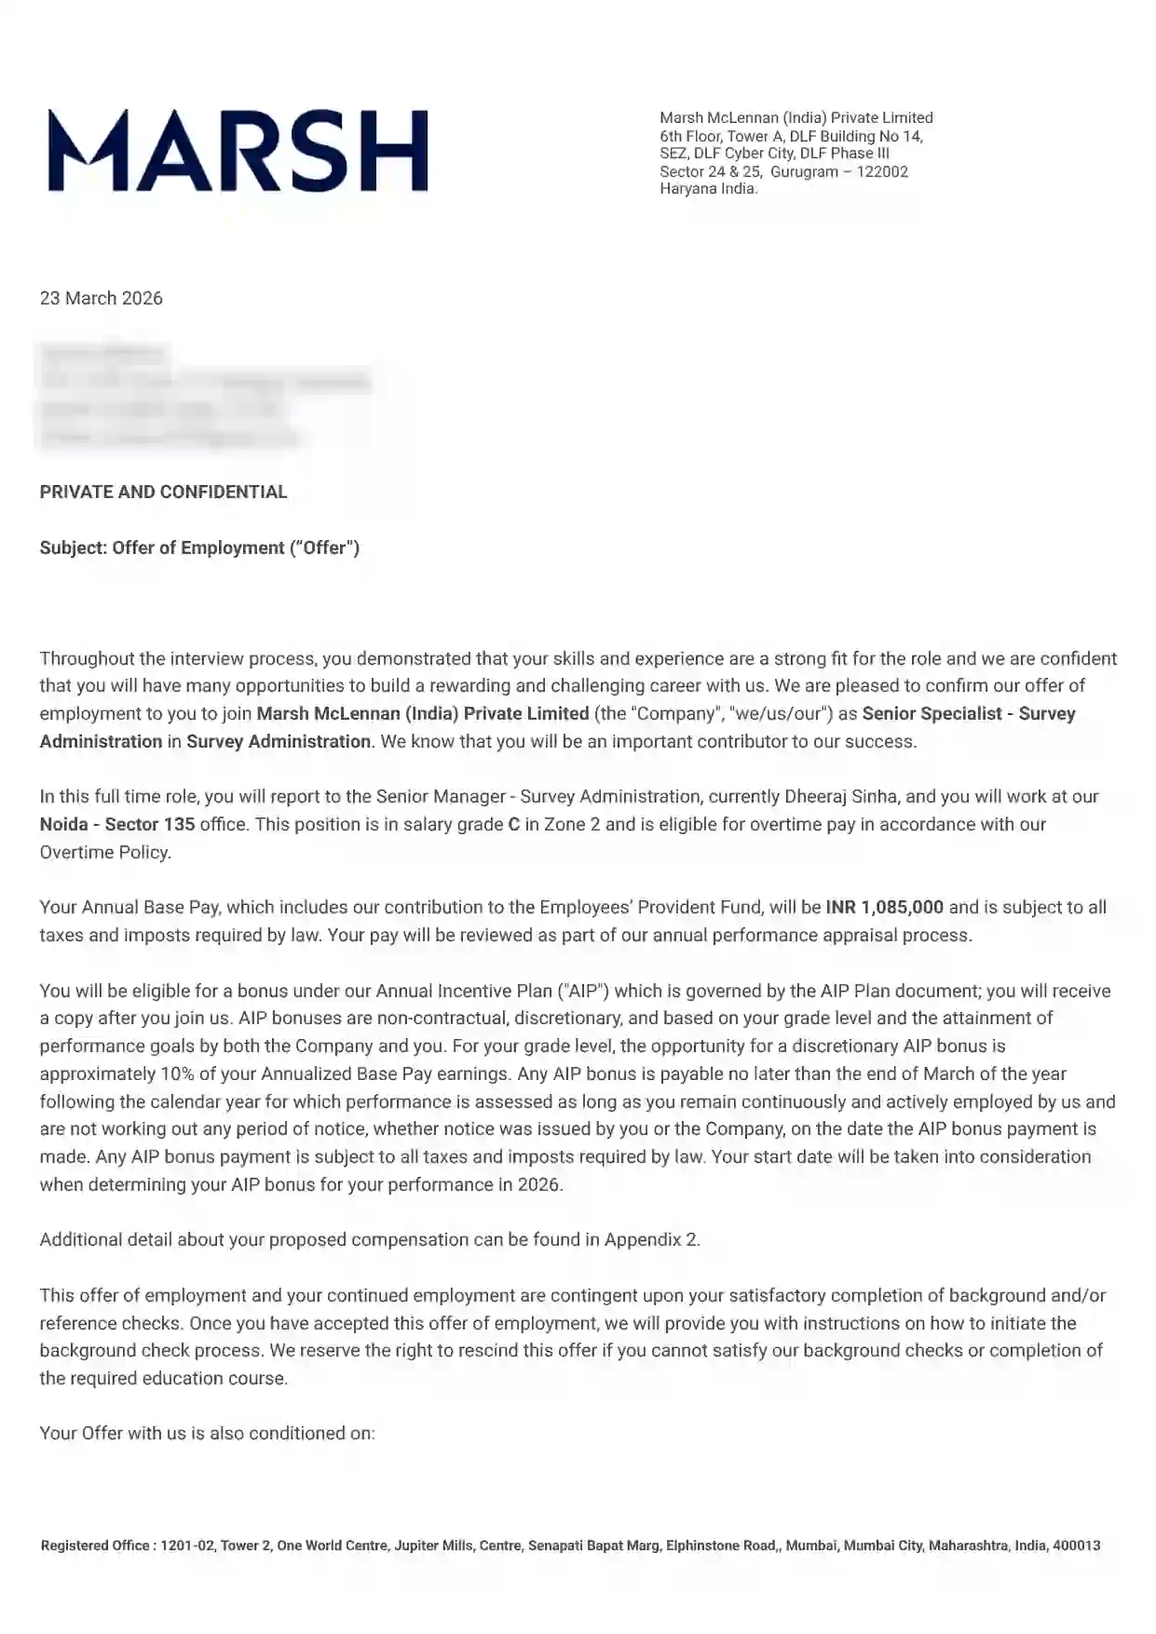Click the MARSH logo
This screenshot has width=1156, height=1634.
[238, 151]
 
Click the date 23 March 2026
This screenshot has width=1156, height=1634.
[101, 298]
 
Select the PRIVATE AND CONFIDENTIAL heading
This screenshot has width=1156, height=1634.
[163, 492]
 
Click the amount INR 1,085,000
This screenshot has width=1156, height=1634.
[884, 907]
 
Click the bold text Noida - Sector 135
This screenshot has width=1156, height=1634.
[117, 824]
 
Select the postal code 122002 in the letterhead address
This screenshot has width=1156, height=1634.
[882, 171]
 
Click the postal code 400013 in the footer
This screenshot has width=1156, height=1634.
[1076, 1546]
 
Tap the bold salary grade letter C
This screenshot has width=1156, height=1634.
[513, 824]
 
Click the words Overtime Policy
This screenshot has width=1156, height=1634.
[104, 852]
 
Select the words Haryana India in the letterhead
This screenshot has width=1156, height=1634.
[708, 189]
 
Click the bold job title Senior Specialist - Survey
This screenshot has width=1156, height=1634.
[969, 713]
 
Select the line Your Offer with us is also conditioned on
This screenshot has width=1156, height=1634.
[207, 1433]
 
